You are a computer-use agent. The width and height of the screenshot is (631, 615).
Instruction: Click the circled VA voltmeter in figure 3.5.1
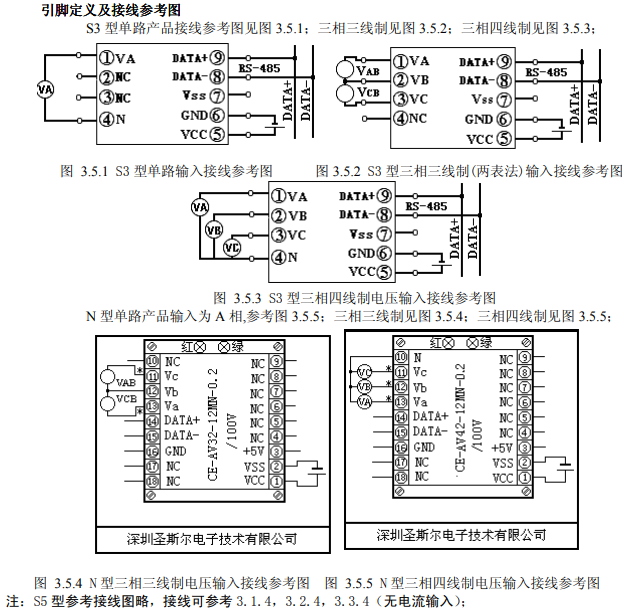44,90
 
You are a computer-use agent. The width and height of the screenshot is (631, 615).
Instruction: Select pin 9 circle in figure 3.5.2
504,62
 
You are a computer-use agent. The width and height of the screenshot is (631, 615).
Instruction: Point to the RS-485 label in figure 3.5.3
427,206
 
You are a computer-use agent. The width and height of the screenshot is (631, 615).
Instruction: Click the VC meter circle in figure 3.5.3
232,247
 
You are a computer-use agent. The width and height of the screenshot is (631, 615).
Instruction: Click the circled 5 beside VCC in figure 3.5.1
217,135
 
